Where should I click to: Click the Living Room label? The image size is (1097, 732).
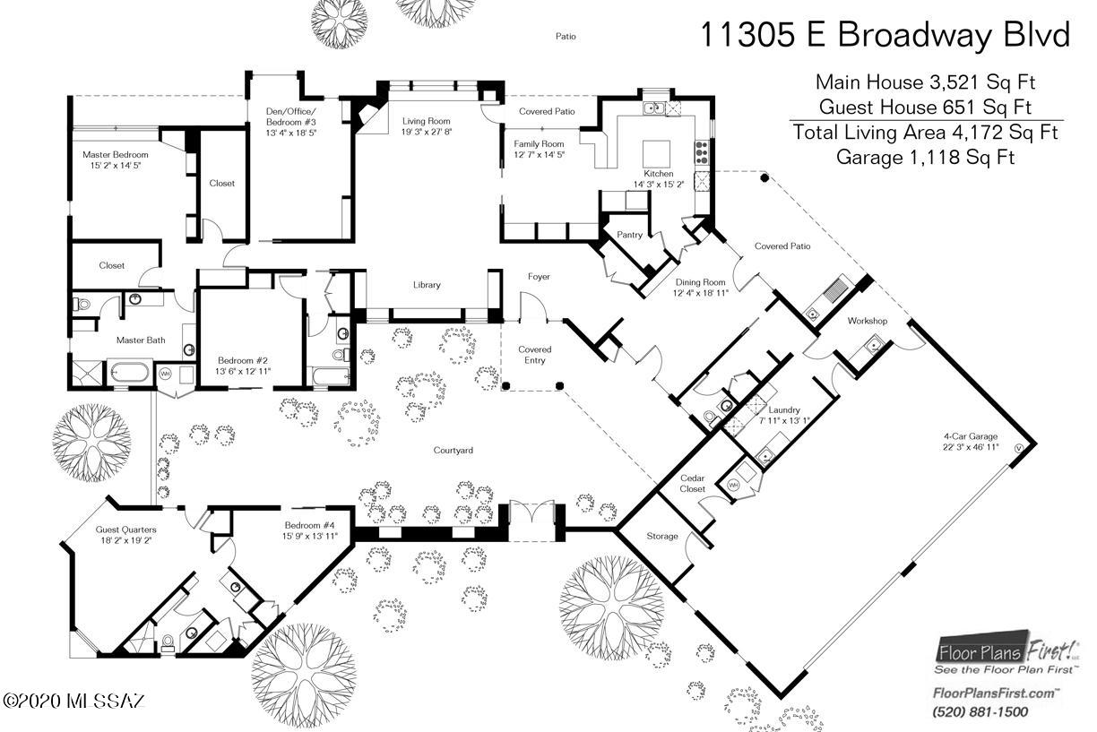426,121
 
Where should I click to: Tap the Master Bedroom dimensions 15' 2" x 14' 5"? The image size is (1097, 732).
116,166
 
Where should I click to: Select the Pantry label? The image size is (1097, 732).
629,235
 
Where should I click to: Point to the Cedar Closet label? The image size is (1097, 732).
692,483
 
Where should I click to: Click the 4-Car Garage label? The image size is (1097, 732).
971,436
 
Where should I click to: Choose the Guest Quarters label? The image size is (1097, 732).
125,530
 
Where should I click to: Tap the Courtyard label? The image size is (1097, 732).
453,451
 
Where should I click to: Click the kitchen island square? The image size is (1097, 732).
656,154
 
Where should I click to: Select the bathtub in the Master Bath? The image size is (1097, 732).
128,372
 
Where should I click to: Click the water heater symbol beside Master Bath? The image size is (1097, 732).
165,375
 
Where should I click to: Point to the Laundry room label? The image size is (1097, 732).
784,409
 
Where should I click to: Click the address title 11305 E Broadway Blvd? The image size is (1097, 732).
885,35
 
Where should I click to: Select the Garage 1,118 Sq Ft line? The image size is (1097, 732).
925,157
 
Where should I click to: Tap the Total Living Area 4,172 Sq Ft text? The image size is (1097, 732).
925,133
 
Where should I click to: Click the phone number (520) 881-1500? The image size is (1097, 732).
980,711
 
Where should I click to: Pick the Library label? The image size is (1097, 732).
427,285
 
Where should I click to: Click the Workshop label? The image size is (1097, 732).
868,321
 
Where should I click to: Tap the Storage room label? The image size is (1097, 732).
662,536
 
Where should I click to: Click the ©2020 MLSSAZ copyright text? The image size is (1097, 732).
74,700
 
